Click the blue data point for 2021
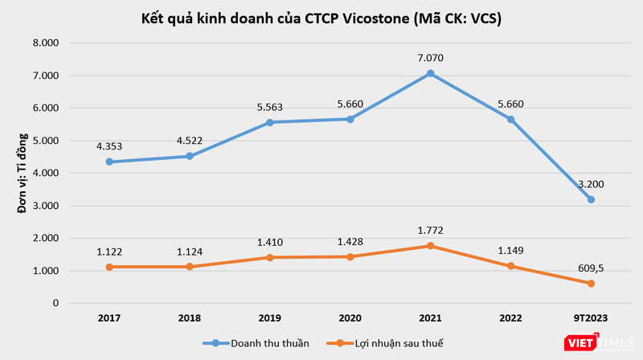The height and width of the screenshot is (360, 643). (430, 73)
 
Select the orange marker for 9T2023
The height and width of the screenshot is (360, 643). (591, 284)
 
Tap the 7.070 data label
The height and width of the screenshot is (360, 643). (430, 58)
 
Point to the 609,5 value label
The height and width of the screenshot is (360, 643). (591, 268)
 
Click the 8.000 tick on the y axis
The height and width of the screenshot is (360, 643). (46, 43)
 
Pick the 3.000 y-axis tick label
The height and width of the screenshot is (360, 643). (46, 206)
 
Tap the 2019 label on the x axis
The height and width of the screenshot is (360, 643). (269, 319)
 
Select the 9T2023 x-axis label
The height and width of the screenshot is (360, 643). (591, 319)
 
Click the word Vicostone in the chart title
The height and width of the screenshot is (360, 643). (369, 20)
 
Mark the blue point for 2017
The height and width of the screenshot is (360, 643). (109, 162)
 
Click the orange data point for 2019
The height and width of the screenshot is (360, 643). (269, 257)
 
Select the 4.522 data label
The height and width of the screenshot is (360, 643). (189, 141)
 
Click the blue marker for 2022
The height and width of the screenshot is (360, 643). (510, 119)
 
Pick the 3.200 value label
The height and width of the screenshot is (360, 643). (591, 184)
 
